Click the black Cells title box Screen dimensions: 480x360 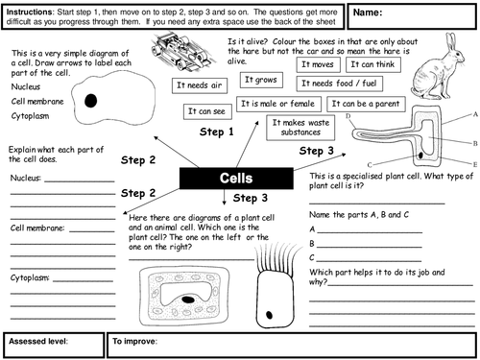(x=236, y=178)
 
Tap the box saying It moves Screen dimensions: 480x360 (x=318, y=64)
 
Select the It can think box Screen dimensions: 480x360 (x=373, y=64)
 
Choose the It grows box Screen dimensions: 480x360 (x=261, y=80)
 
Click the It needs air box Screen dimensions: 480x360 (x=200, y=85)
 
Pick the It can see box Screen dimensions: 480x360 (x=207, y=111)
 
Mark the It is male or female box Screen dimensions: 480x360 (x=278, y=104)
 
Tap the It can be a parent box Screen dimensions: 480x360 (x=366, y=104)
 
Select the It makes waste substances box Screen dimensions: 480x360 (x=300, y=128)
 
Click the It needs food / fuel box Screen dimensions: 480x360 (x=339, y=84)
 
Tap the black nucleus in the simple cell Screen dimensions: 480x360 (x=91, y=101)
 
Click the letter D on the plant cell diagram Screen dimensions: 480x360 (x=348, y=116)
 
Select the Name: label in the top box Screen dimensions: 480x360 (x=368, y=12)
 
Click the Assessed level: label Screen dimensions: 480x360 (x=38, y=341)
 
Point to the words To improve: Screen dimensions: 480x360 (x=134, y=341)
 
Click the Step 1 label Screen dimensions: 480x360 (x=217, y=132)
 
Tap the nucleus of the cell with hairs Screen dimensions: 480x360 (x=270, y=315)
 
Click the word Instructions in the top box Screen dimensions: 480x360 (x=30, y=12)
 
